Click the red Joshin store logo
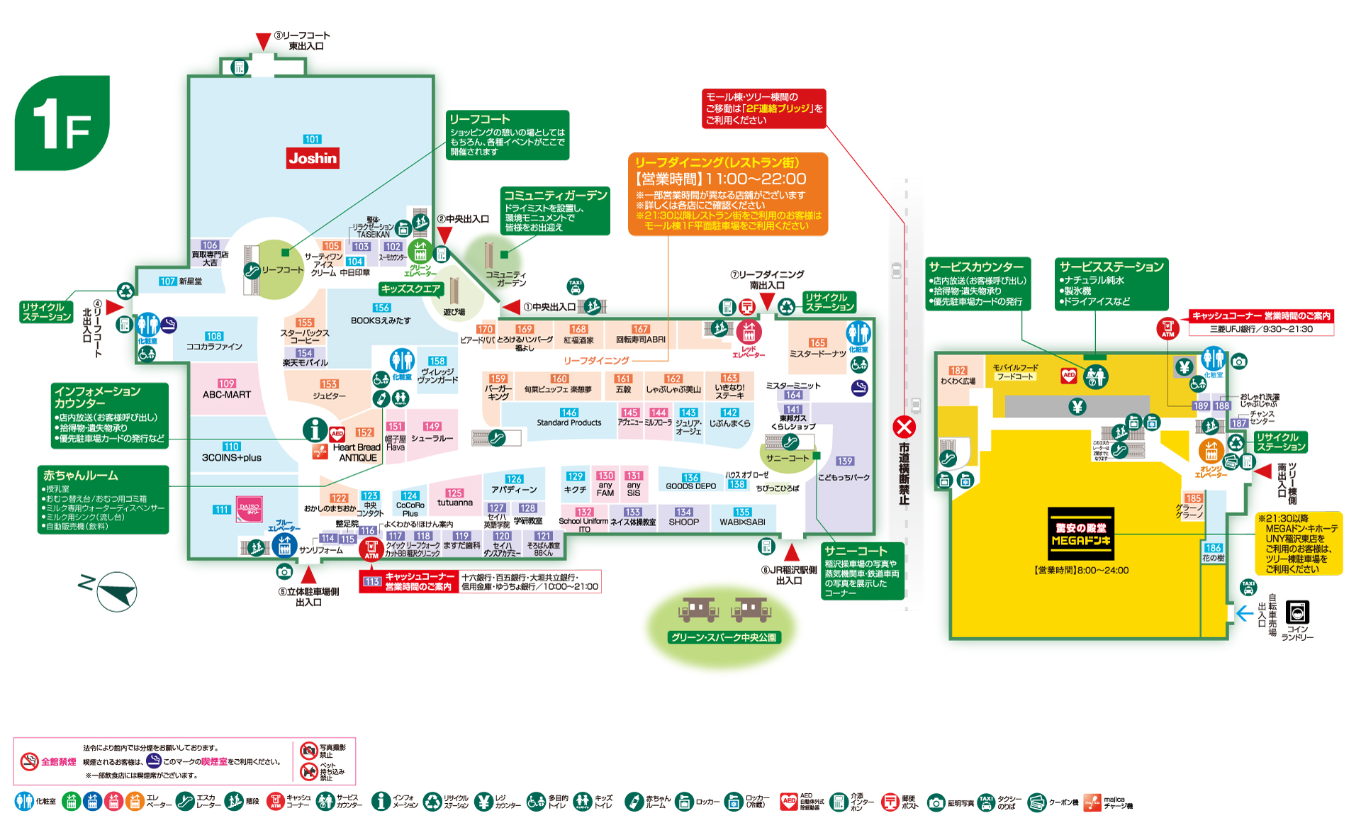(x=313, y=157)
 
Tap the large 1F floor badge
(x=62, y=123)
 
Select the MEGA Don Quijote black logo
(x=1080, y=534)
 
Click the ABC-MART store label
(x=227, y=394)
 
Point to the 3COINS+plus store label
(x=231, y=457)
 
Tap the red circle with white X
(x=904, y=427)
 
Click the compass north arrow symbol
(x=116, y=591)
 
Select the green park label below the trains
(x=724, y=637)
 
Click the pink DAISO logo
(x=249, y=508)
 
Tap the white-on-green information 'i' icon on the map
(x=315, y=430)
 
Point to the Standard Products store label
(x=569, y=422)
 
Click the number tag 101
(x=312, y=139)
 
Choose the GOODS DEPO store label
(x=690, y=486)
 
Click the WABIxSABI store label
(x=742, y=522)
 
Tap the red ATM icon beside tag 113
(x=371, y=549)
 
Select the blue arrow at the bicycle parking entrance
(x=1245, y=612)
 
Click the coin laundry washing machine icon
(x=1297, y=612)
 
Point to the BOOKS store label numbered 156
(x=381, y=320)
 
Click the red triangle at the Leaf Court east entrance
(x=263, y=41)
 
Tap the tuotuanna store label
(x=454, y=502)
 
